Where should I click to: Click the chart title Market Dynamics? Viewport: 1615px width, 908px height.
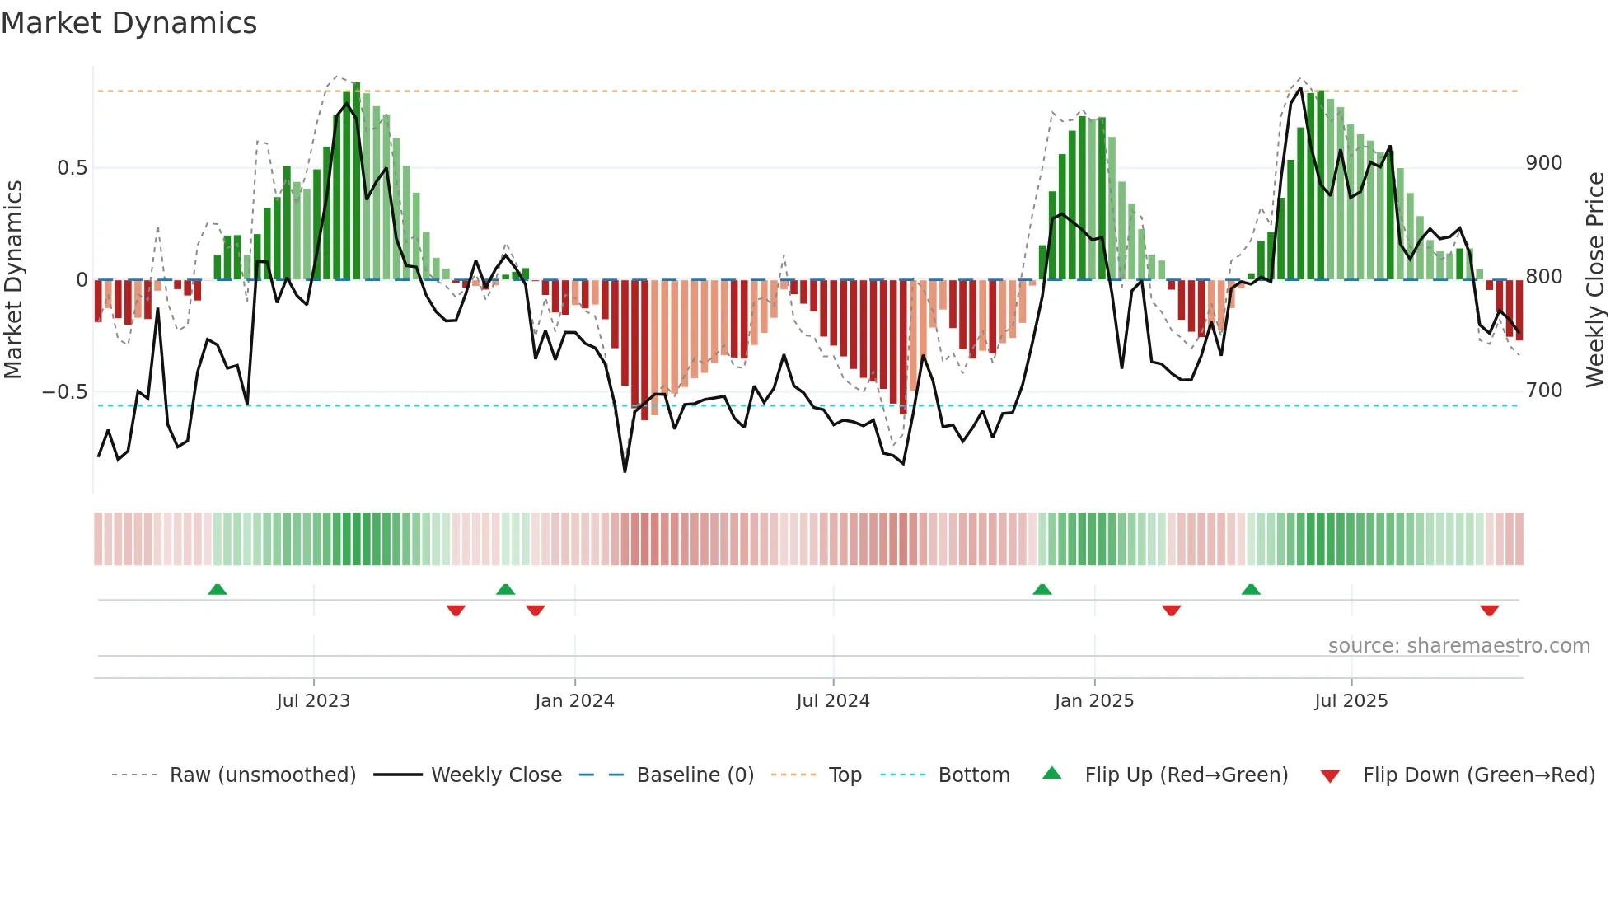tap(129, 23)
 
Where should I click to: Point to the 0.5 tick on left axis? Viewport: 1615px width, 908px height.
tap(72, 168)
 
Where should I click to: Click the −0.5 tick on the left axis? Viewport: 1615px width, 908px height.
tap(64, 392)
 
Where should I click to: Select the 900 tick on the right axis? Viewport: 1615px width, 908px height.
tap(1543, 163)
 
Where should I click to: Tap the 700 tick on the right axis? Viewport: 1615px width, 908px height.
tap(1543, 391)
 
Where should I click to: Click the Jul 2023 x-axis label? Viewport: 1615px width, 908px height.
tap(313, 701)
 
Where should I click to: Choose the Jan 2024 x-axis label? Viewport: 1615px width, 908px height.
tap(574, 701)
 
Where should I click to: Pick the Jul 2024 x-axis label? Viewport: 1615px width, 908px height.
tap(832, 701)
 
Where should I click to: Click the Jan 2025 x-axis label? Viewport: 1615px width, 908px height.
tap(1093, 701)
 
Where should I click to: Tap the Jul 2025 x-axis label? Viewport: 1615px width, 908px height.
tap(1351, 701)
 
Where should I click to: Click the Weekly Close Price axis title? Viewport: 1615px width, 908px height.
tap(1595, 279)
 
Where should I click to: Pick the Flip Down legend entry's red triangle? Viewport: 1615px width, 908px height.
tap(1329, 776)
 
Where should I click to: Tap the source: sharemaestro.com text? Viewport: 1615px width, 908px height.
tap(1458, 646)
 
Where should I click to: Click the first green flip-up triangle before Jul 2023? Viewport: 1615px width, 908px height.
tap(218, 589)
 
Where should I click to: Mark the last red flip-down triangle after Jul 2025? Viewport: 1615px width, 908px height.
tap(1489, 611)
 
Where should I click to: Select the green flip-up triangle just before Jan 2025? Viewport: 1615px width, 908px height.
tap(1042, 589)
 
